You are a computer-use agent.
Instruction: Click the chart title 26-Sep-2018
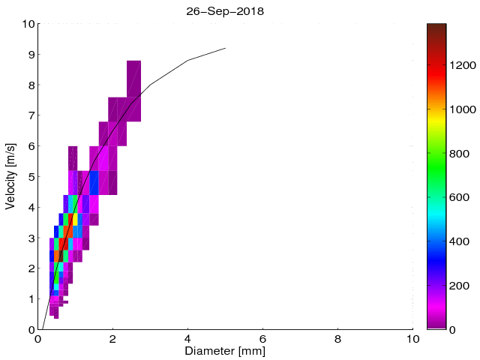click(225, 11)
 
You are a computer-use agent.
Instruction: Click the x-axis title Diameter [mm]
click(225, 351)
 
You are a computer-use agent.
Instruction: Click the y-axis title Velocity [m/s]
click(11, 176)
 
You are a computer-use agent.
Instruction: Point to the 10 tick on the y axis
click(28, 24)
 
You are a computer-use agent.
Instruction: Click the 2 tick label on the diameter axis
click(112, 338)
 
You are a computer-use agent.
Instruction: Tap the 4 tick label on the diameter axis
click(187, 338)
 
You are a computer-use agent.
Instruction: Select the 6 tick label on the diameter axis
click(262, 338)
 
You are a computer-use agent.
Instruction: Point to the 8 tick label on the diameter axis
click(337, 338)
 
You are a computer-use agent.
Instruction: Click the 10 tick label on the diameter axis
click(412, 338)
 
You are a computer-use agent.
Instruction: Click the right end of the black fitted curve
click(225, 48)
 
